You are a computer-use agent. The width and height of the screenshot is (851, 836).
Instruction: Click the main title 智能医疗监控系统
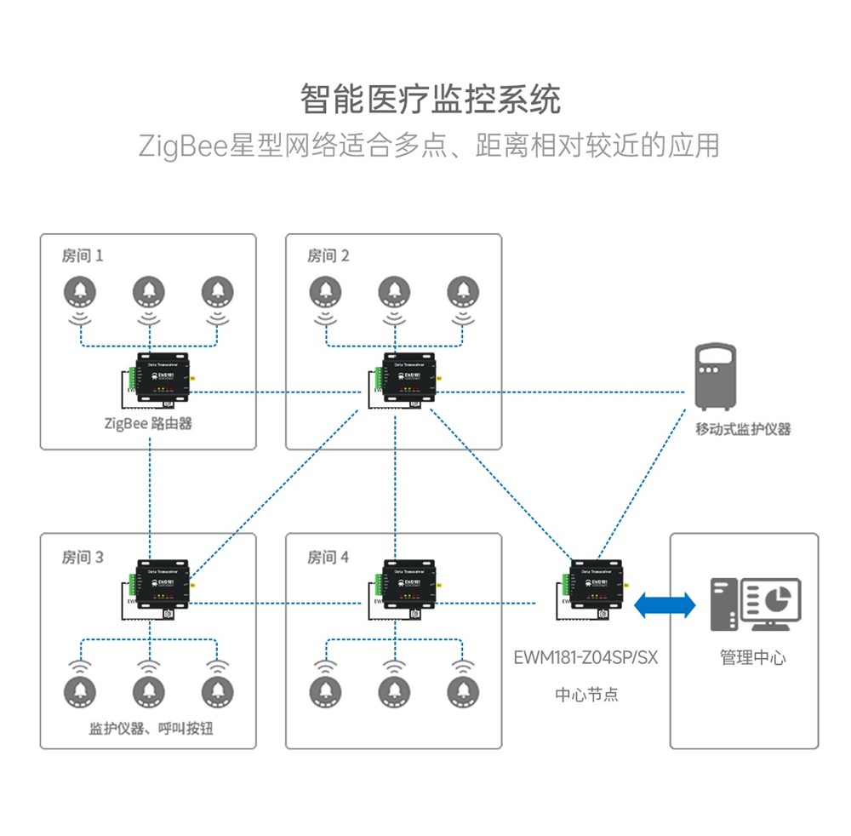click(430, 100)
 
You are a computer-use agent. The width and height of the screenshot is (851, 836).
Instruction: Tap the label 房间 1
click(82, 255)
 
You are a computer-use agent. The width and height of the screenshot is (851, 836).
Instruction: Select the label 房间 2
click(328, 255)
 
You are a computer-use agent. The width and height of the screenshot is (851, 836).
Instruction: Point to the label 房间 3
click(82, 558)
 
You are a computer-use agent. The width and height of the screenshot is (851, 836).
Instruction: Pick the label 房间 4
click(328, 558)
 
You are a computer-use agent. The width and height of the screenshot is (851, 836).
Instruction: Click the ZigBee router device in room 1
click(160, 381)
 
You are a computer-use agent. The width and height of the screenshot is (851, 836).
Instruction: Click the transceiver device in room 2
click(406, 379)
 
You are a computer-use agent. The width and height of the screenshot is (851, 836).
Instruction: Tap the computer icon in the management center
click(755, 604)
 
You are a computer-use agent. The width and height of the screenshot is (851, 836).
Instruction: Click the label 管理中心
click(753, 658)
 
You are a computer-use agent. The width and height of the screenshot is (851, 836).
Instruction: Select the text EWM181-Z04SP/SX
click(586, 658)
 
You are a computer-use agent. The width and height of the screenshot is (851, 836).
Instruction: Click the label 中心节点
click(586, 695)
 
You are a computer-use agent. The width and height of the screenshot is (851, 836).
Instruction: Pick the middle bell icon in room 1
click(150, 292)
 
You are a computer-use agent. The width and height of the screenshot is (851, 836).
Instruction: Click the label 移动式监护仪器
click(743, 429)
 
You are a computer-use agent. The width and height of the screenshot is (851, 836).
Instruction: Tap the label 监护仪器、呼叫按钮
click(151, 730)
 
